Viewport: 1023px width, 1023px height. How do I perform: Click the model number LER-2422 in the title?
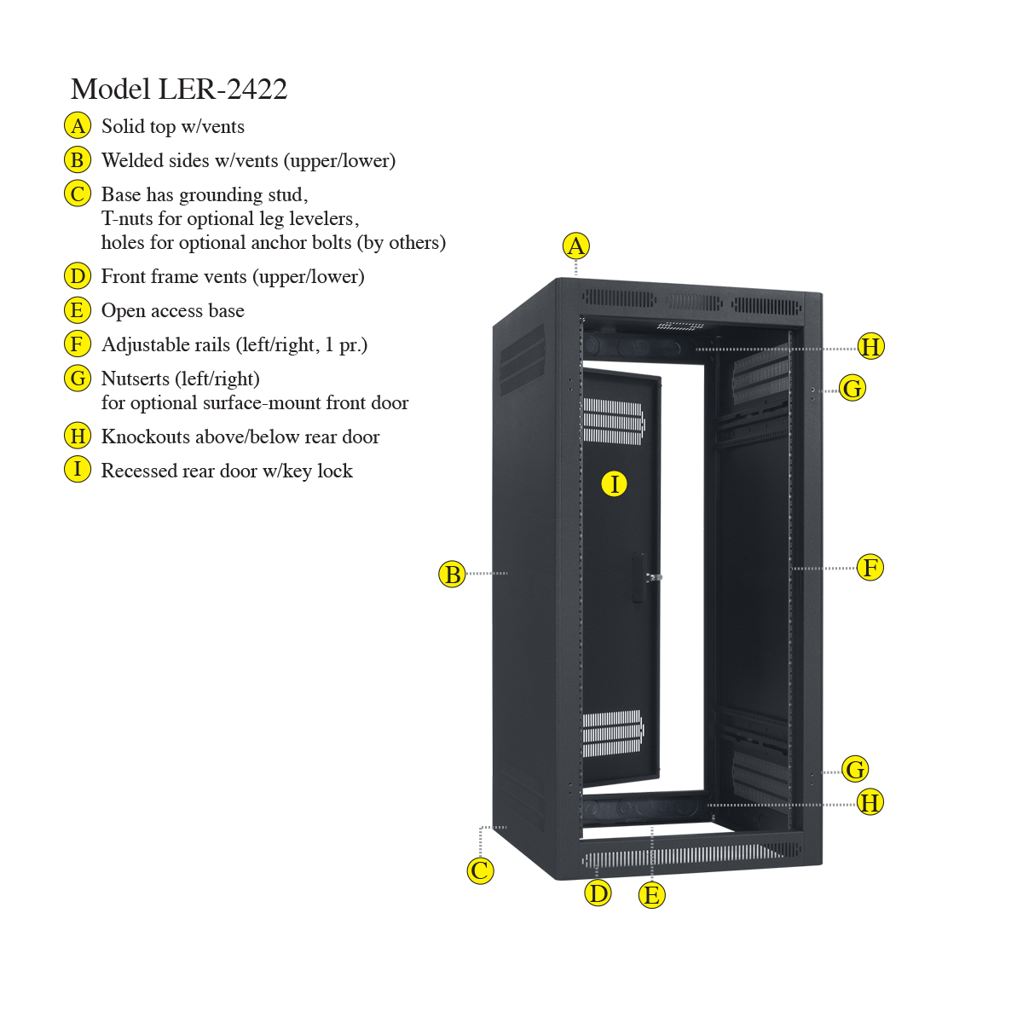(223, 89)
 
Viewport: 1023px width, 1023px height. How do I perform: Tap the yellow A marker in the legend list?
(78, 126)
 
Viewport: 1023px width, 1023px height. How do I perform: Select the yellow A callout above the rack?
(576, 246)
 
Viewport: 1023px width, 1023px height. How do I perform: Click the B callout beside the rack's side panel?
(453, 574)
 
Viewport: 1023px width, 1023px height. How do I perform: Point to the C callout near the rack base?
(481, 870)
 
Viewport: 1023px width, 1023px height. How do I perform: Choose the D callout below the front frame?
(598, 893)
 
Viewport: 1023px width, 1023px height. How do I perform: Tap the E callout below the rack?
(651, 895)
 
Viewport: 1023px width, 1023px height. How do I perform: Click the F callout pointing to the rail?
(870, 568)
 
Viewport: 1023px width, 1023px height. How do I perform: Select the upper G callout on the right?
(852, 388)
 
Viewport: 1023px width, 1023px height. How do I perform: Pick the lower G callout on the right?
(855, 769)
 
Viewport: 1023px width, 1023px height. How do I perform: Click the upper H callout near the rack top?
(871, 346)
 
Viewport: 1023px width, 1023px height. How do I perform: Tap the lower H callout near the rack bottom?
(870, 801)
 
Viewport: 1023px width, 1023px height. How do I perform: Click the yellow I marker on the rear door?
(614, 483)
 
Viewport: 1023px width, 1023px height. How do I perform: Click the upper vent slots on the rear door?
(614, 421)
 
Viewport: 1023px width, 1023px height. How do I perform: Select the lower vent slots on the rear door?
(613, 733)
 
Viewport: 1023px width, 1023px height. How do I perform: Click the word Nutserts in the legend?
(136, 379)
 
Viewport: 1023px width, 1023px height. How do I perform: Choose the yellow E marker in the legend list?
(78, 310)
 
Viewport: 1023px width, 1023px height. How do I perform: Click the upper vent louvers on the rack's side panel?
(523, 360)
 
